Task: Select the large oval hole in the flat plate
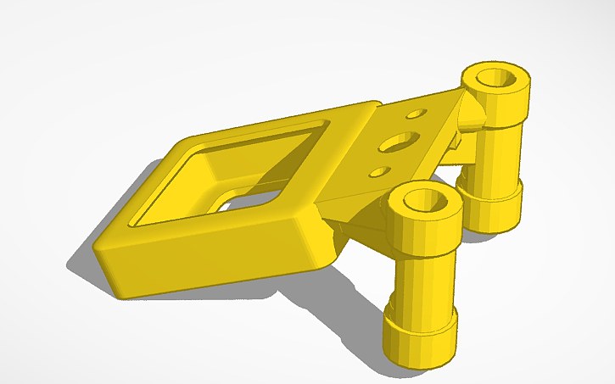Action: (399, 141)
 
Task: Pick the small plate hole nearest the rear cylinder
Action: (416, 113)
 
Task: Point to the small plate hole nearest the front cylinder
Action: (377, 172)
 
